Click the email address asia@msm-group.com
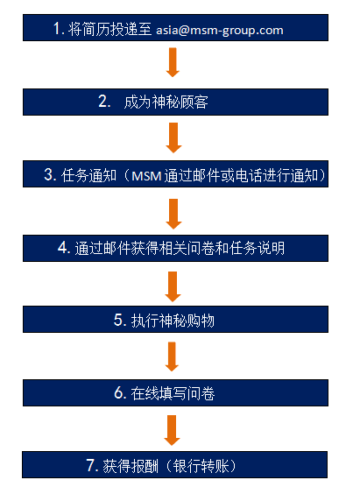coord(220,31)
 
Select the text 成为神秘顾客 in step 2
coord(166,102)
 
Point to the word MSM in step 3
coord(146,176)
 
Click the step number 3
coord(50,174)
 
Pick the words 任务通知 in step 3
coord(89,175)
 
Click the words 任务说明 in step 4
coord(257,248)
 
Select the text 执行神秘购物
coord(173,320)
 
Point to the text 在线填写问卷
coord(173,393)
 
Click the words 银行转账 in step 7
coord(201,466)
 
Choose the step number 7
coord(92,465)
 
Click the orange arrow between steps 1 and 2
coord(173,62)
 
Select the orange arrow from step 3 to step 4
coord(173,214)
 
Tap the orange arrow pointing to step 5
coord(173,286)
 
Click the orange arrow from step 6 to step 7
coord(172,430)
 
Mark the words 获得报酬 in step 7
coord(131,466)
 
